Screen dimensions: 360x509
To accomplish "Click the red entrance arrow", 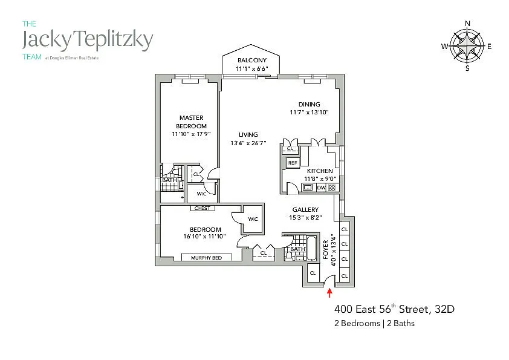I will [329, 293].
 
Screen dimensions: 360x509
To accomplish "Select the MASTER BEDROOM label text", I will [191, 122].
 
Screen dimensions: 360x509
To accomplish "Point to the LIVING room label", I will [248, 134].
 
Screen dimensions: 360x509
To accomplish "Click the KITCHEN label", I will [320, 171].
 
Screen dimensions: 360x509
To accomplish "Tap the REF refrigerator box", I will [293, 163].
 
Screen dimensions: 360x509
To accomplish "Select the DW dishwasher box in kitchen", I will [321, 188].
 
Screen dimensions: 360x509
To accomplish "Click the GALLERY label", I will [305, 210].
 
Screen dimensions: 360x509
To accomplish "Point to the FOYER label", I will [326, 250].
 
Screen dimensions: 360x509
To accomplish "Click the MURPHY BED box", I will [206, 258].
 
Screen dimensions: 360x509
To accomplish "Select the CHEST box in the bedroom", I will [203, 209].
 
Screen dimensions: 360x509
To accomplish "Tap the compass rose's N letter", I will [467, 24].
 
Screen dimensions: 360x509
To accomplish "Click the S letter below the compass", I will [467, 68].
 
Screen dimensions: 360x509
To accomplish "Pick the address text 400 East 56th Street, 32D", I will [394, 310].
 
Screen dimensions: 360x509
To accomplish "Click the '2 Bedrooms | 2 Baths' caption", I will [375, 324].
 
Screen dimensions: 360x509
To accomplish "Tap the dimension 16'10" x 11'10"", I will [205, 237].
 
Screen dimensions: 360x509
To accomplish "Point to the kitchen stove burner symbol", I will [332, 188].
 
